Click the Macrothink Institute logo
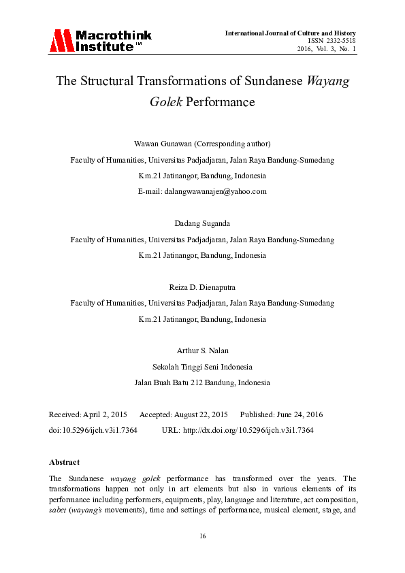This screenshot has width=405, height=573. click(x=99, y=41)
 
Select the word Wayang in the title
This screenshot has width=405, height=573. click(x=329, y=82)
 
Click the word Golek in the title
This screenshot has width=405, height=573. click(x=167, y=103)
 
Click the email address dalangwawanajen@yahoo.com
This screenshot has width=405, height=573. click(x=215, y=191)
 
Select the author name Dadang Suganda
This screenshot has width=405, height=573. click(x=202, y=223)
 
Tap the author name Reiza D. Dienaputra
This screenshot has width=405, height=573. click(x=202, y=287)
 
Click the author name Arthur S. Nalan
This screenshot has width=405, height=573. click(x=202, y=350)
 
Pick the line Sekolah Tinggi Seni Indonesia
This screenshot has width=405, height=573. click(x=202, y=366)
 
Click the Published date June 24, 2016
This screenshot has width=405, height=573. click(x=299, y=414)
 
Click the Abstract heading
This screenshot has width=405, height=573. click(x=64, y=462)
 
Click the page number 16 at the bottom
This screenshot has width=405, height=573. click(x=202, y=537)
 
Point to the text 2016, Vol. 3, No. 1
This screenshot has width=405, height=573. click(x=326, y=49)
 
